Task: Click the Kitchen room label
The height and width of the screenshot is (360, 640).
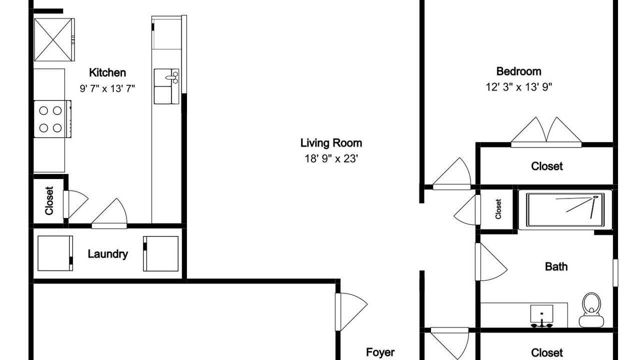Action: (x=107, y=73)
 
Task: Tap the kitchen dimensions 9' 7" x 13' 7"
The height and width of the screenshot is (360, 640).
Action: (x=107, y=88)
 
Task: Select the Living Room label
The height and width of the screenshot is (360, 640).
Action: (x=331, y=143)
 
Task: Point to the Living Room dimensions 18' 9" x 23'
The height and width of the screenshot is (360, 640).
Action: (x=331, y=158)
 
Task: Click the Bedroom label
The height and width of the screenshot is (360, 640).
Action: (x=518, y=71)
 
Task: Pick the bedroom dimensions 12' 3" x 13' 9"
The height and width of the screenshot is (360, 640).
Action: (x=518, y=87)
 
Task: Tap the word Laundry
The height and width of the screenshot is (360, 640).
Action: (x=107, y=254)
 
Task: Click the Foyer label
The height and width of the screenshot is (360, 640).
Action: (x=380, y=352)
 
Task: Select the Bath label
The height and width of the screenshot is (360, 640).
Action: (x=556, y=266)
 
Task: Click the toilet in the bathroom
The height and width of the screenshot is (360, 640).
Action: (x=591, y=309)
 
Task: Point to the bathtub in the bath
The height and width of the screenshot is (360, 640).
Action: (x=565, y=209)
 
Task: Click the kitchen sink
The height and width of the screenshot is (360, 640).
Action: (x=166, y=86)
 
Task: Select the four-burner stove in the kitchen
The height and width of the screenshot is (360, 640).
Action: (x=52, y=119)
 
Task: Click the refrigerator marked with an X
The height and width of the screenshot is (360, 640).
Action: (x=54, y=39)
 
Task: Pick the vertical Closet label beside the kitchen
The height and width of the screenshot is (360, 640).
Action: (x=49, y=200)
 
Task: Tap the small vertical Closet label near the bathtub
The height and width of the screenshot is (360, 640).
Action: (x=498, y=209)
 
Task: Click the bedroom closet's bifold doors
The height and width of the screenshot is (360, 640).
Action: (x=546, y=132)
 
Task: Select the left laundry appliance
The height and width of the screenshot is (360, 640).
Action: (x=55, y=253)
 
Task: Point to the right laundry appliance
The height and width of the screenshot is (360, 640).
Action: (x=161, y=253)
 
